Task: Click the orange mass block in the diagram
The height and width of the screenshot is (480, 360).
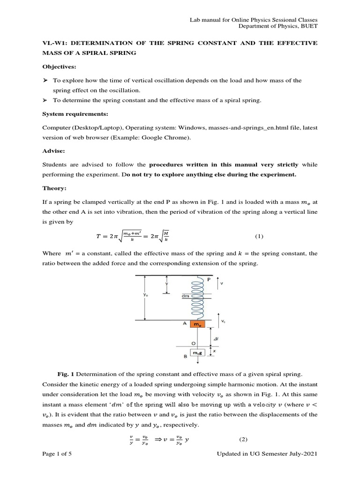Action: (x=198, y=324)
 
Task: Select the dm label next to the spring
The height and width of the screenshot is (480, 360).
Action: (x=184, y=296)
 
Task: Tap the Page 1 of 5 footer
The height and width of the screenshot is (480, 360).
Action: (x=57, y=454)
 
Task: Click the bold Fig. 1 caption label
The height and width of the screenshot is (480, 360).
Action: (x=66, y=374)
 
